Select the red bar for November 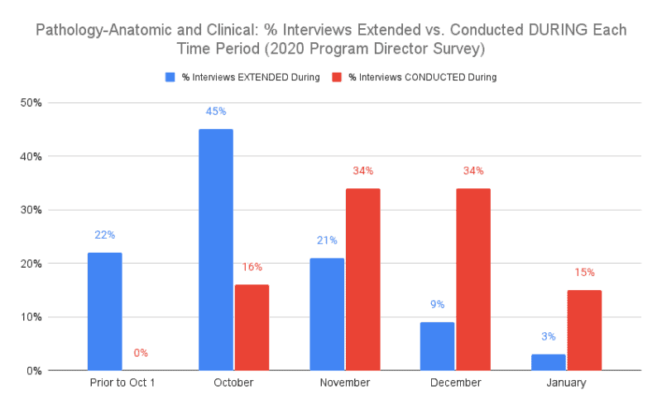click(x=362, y=279)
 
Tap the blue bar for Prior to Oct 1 click(x=104, y=312)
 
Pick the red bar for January click(x=585, y=330)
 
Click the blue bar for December click(x=437, y=346)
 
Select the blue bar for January click(x=549, y=362)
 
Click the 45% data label click(x=215, y=111)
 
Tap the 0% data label click(x=141, y=353)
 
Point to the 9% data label click(x=437, y=303)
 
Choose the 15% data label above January click(x=585, y=272)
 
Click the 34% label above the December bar click(x=473, y=170)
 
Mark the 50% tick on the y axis click(x=31, y=103)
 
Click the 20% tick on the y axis click(x=31, y=264)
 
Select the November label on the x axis click(x=345, y=383)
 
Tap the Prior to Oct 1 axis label click(x=122, y=383)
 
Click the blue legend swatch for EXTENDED click(x=170, y=78)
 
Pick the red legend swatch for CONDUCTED click(x=336, y=78)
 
